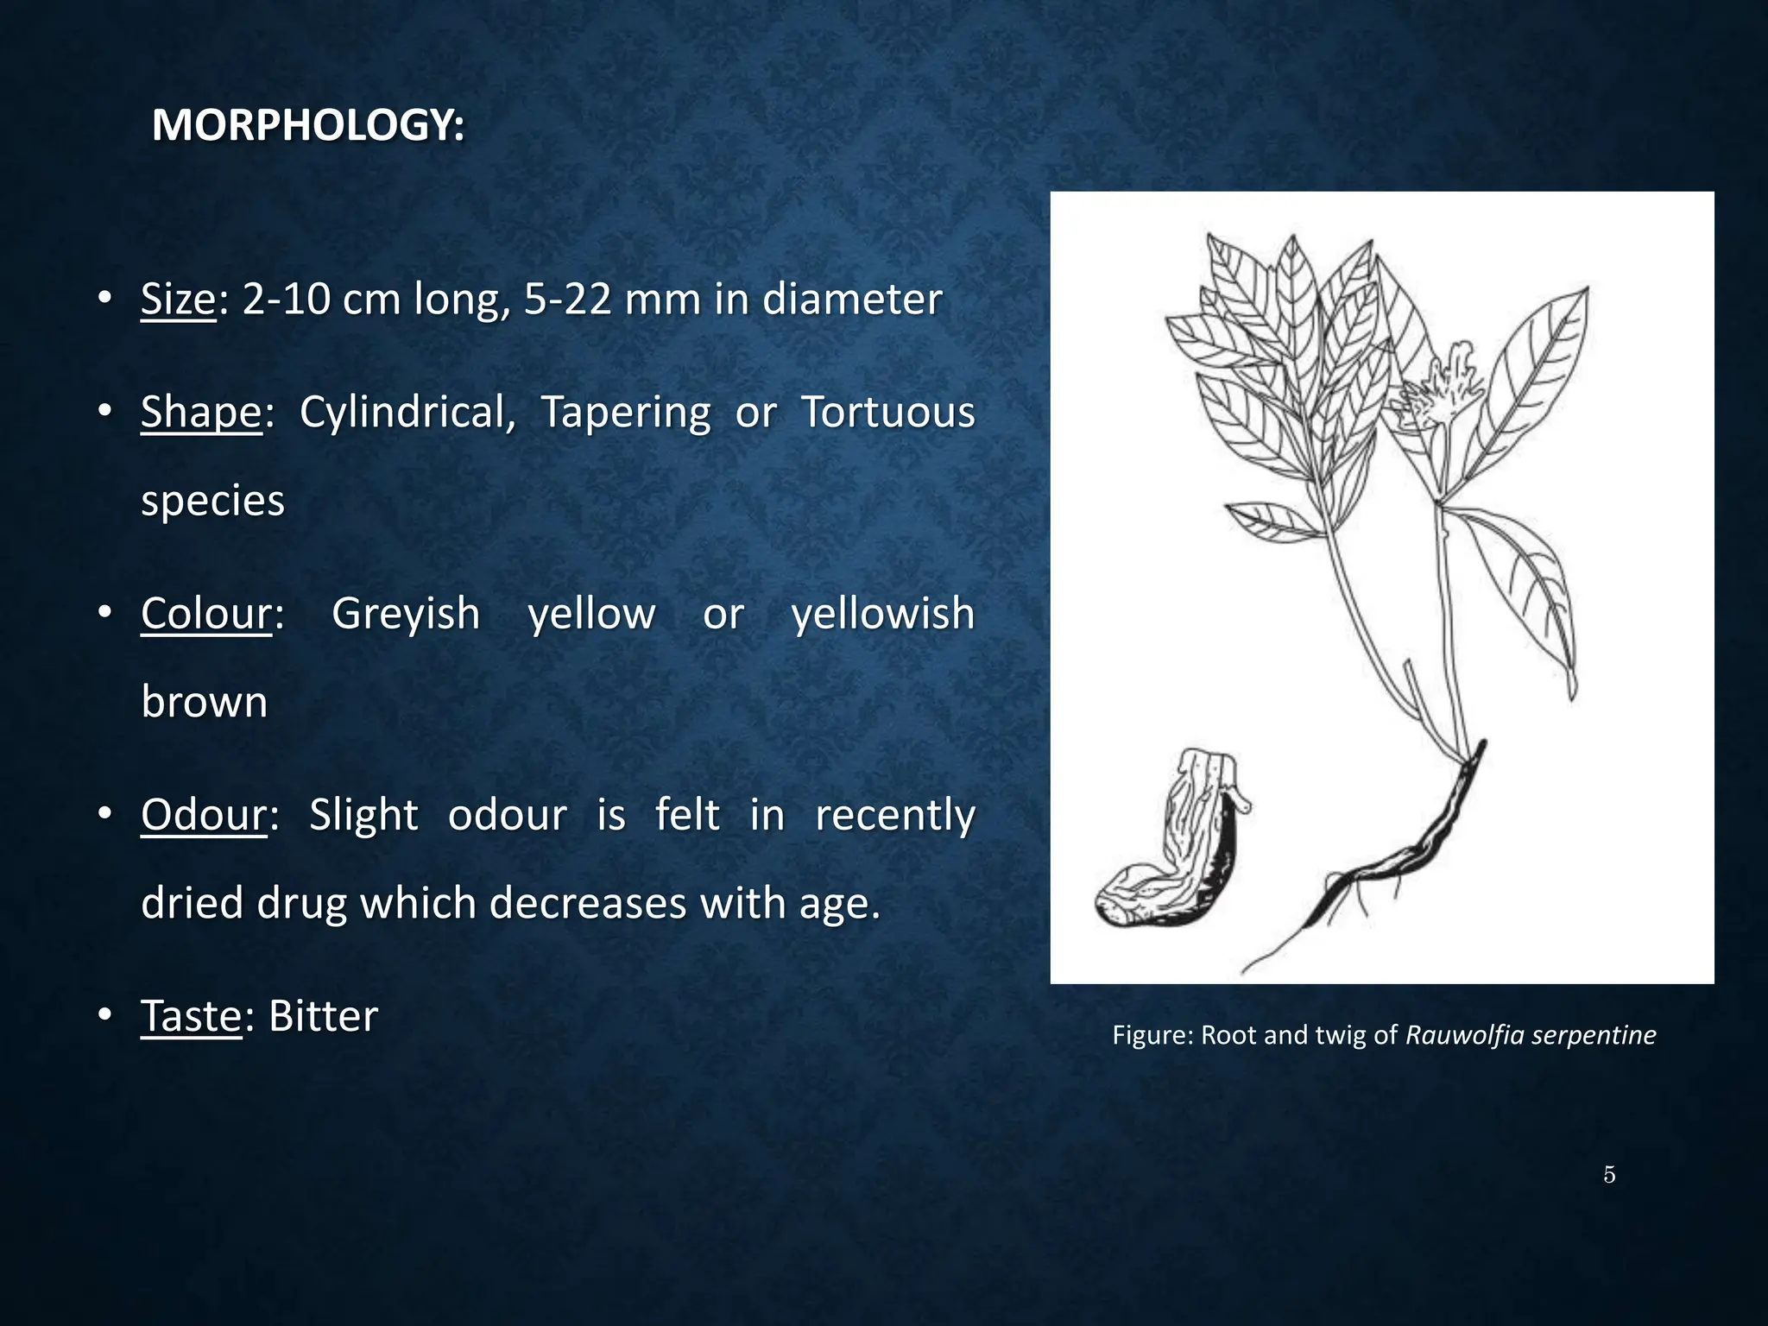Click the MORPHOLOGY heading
pos(308,126)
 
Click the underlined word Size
pos(179,300)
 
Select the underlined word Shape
pos(201,412)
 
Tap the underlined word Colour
pos(207,614)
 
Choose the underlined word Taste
pos(192,1016)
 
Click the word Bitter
pos(323,1016)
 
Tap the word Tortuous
pos(887,412)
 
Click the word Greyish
pos(406,614)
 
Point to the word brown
pos(205,702)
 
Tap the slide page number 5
pos(1609,1175)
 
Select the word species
pos(212,501)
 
